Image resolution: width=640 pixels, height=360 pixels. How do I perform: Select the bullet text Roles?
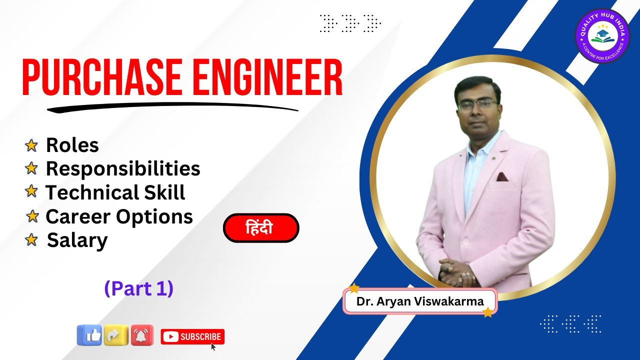pyautogui.click(x=72, y=145)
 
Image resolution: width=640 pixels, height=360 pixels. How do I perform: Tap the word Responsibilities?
pyautogui.click(x=123, y=169)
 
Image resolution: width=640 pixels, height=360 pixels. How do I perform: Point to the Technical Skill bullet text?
pyautogui.click(x=115, y=193)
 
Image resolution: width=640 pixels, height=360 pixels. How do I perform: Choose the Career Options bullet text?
pyautogui.click(x=119, y=217)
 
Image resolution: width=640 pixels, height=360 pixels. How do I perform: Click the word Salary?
pyautogui.click(x=77, y=241)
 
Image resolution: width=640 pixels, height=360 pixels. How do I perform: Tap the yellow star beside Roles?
pyautogui.click(x=31, y=145)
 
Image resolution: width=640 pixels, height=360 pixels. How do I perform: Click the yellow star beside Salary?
pyautogui.click(x=31, y=240)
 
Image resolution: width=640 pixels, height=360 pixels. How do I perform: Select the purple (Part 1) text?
pyautogui.click(x=138, y=288)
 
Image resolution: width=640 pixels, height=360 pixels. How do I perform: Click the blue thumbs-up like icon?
pyautogui.click(x=89, y=335)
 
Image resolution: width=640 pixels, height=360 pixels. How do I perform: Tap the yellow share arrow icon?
pyautogui.click(x=116, y=335)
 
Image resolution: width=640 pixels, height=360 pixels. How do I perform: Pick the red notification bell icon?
pyautogui.click(x=142, y=335)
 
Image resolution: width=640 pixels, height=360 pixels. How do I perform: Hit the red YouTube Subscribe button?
pyautogui.click(x=192, y=337)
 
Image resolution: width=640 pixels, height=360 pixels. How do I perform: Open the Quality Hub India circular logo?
pyautogui.click(x=602, y=36)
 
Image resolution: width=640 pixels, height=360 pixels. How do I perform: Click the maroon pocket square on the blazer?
pyautogui.click(x=502, y=176)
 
